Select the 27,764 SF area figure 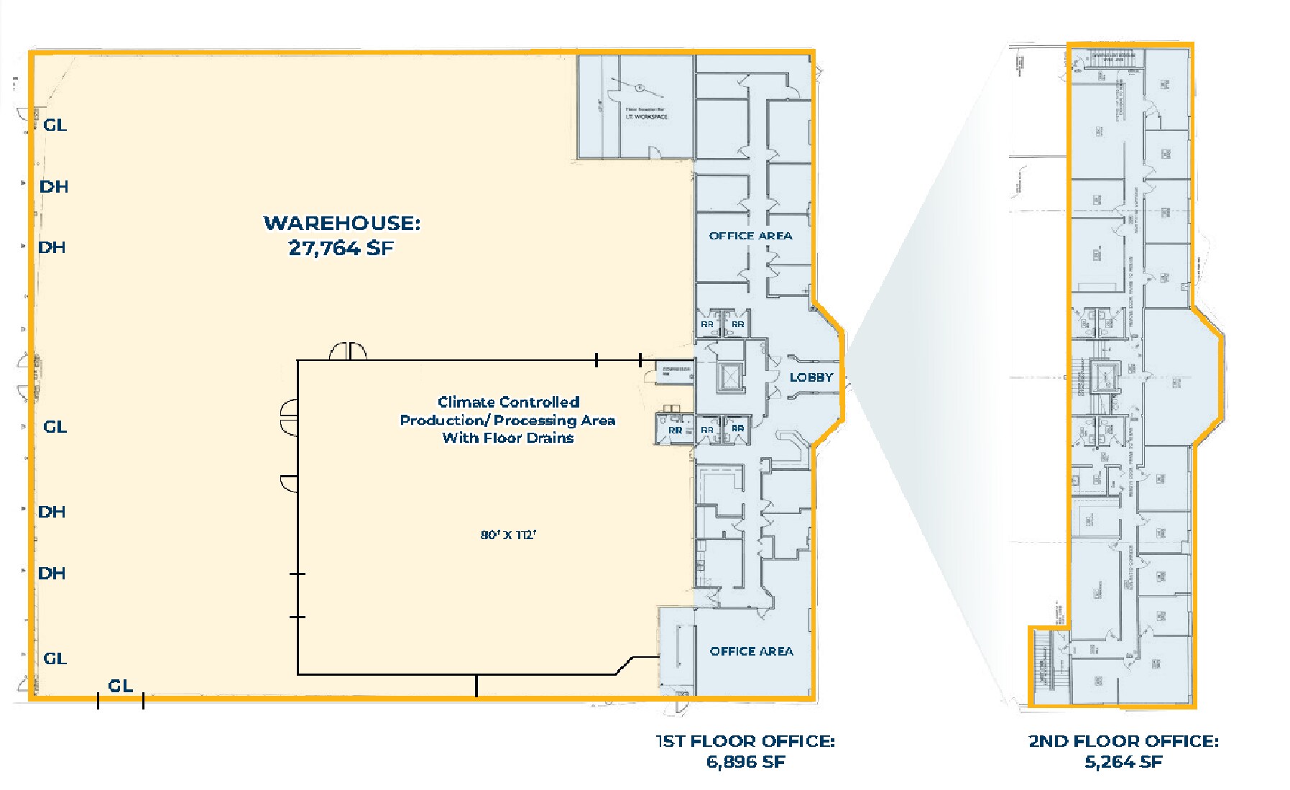tap(341, 249)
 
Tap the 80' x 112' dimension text tap(509, 535)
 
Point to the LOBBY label tap(811, 377)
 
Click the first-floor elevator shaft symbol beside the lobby tap(730, 376)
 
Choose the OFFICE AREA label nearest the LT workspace tap(750, 236)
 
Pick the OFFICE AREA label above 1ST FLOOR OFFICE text tap(751, 651)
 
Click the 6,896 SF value tap(745, 762)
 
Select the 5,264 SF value tap(1123, 762)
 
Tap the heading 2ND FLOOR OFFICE tap(1123, 741)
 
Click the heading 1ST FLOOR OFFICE tap(745, 741)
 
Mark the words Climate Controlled tap(508, 402)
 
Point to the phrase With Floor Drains tap(508, 438)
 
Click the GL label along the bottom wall tap(120, 686)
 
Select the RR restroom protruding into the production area tap(675, 430)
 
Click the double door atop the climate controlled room tap(349, 352)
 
